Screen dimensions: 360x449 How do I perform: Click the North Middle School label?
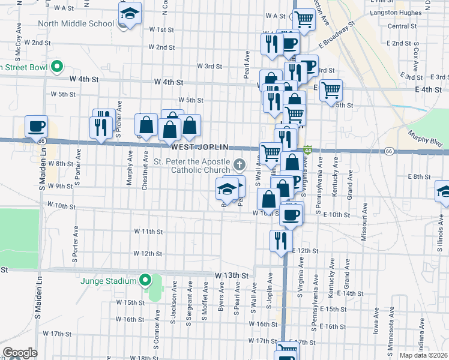tap(76, 24)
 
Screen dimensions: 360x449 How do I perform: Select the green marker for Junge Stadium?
tap(145, 280)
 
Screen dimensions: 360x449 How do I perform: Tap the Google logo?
tap(19, 353)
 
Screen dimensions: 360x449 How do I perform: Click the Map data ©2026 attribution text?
tap(424, 355)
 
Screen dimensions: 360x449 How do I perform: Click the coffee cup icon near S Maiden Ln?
tap(36, 127)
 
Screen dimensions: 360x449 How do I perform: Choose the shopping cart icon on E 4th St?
tap(330, 91)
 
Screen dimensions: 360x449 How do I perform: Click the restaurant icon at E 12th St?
tap(280, 241)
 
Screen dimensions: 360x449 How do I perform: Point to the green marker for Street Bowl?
tap(57, 66)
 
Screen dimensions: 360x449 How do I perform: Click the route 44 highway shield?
tap(307, 149)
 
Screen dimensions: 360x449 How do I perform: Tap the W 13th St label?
tap(232, 275)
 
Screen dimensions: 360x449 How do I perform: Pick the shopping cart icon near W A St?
tap(304, 20)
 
